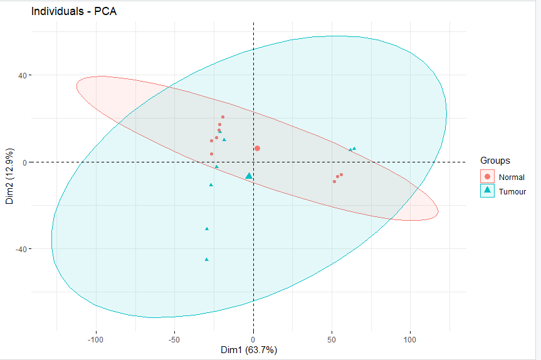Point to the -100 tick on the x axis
96,339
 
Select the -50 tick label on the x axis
174,339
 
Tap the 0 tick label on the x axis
253,339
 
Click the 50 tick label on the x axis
332,339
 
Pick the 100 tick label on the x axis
410,339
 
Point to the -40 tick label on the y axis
19,249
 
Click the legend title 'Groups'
495,161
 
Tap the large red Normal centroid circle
257,149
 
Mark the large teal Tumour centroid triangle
249,176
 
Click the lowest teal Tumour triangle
207,259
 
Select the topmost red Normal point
223,117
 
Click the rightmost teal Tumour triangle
354,149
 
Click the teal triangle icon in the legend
488,191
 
